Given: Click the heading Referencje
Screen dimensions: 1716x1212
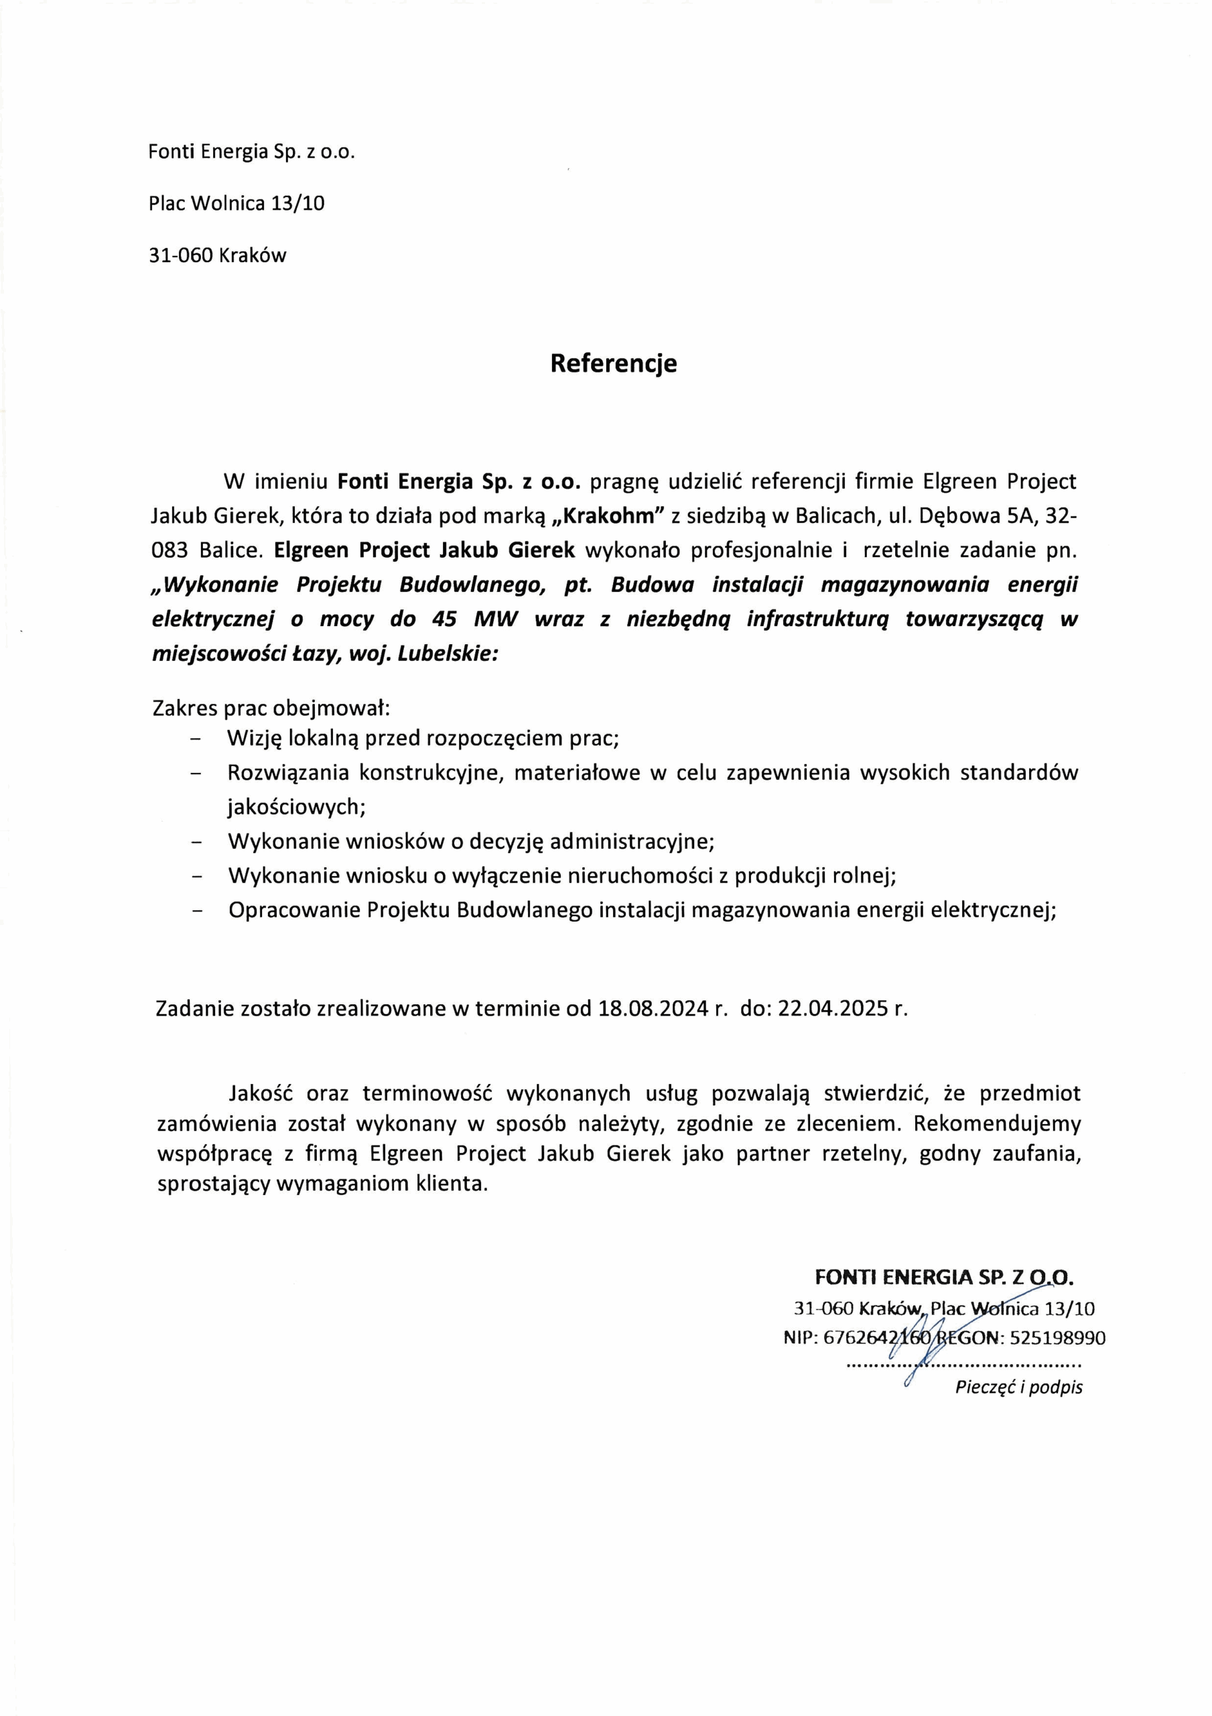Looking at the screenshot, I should [613, 363].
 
